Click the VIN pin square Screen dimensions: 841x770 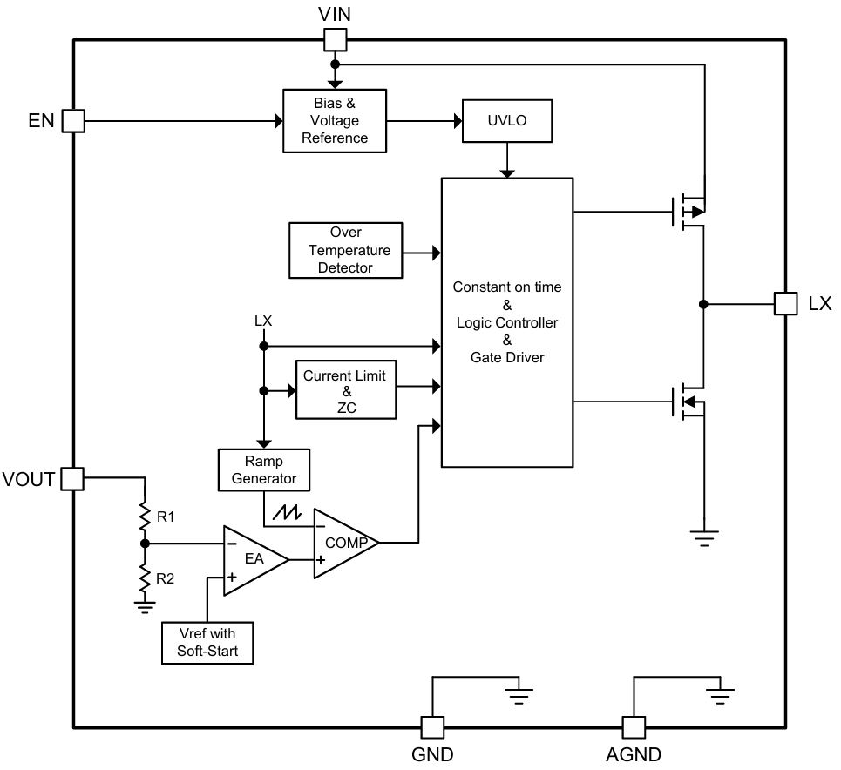pos(336,40)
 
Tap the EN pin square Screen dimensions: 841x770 pos(73,121)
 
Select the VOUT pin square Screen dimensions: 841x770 pos(72,479)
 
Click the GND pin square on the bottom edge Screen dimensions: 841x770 pos(432,727)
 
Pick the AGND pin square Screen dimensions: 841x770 pos(634,727)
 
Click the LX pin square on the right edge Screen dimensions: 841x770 pos(786,303)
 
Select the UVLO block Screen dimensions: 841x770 pos(507,121)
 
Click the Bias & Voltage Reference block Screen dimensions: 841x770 pos(335,121)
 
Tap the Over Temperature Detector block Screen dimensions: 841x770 pos(345,250)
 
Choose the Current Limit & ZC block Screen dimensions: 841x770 pos(346,390)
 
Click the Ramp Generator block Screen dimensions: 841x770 pos(264,469)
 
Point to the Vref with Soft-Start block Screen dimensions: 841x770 pos(207,643)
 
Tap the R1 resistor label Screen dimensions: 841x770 pos(166,517)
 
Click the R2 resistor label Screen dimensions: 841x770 pos(166,578)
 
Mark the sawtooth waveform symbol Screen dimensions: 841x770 pos(287,513)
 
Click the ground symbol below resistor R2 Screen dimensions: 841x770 pos(145,607)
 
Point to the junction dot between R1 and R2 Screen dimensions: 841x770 pos(145,544)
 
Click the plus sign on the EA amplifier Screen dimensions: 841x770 pos(232,577)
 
